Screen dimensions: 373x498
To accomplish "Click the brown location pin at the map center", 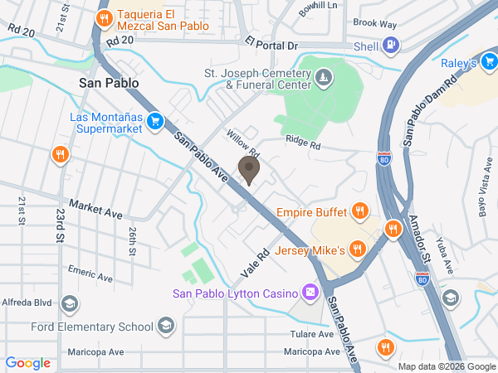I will coord(248,169).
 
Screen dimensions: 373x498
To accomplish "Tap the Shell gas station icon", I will coord(392,46).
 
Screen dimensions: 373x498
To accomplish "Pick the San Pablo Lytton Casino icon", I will coord(310,293).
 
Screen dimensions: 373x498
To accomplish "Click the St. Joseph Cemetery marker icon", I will coord(324,79).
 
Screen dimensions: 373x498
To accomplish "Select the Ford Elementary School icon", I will coord(166,325).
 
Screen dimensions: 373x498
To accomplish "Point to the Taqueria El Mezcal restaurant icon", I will coord(104,18).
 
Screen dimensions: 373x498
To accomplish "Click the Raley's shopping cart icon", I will coord(491,62).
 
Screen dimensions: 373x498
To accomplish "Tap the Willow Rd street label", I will coord(243,147).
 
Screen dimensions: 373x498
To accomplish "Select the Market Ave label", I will coord(95,208).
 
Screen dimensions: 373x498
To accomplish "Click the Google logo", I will coord(28,362).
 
